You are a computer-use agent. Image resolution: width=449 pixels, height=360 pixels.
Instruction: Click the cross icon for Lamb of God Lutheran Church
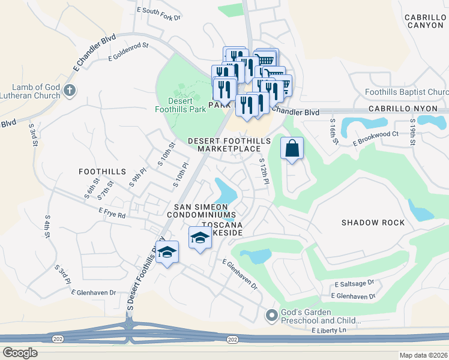[70, 91]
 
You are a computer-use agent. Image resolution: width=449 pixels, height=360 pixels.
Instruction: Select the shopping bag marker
[292, 149]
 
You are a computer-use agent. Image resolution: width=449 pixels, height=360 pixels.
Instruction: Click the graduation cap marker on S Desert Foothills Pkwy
[167, 251]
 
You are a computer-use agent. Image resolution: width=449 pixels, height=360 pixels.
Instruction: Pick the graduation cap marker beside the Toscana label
[200, 238]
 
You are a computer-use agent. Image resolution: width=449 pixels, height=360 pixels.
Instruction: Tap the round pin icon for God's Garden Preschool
[271, 314]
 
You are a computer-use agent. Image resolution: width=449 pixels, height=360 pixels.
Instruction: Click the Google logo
[20, 353]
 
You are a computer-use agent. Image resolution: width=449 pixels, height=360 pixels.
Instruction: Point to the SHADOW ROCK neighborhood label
[373, 223]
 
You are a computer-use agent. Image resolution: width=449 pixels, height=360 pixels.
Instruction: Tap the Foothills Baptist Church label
[406, 92]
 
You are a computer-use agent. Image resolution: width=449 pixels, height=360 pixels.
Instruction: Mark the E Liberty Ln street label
[330, 331]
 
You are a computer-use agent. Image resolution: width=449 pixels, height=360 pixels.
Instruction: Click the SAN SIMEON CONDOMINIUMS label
[201, 210]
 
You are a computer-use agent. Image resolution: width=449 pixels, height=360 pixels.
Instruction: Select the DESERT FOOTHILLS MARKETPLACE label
[229, 145]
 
